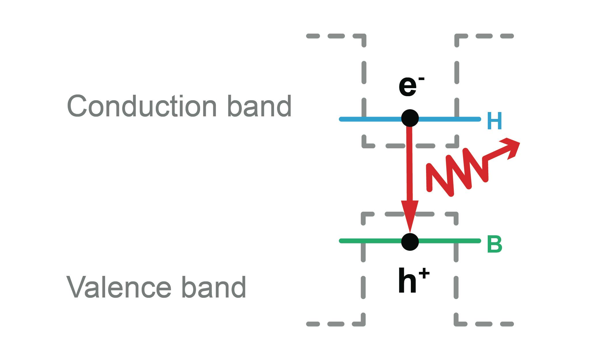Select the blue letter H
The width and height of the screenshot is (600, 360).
coord(494,121)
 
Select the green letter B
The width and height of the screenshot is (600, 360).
coord(494,245)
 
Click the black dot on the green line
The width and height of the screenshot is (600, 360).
coord(410,242)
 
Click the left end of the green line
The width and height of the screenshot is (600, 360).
coord(341,241)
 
